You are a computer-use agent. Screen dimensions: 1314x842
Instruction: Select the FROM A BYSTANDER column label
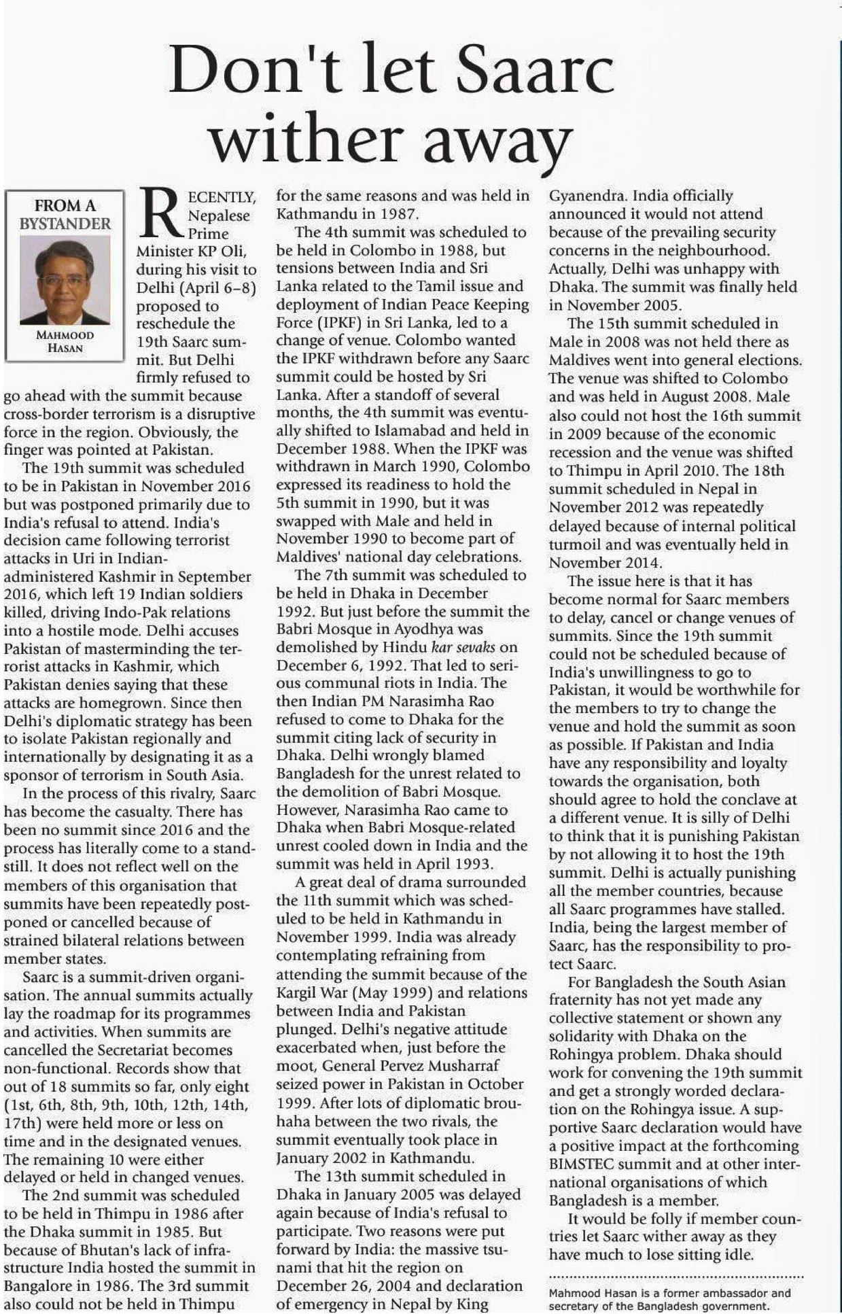65,214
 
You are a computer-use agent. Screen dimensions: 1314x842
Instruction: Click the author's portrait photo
65,280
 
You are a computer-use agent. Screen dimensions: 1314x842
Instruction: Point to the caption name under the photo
65,341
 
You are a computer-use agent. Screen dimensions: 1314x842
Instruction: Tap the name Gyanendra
587,196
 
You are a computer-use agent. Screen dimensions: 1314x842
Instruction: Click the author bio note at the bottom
669,1300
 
